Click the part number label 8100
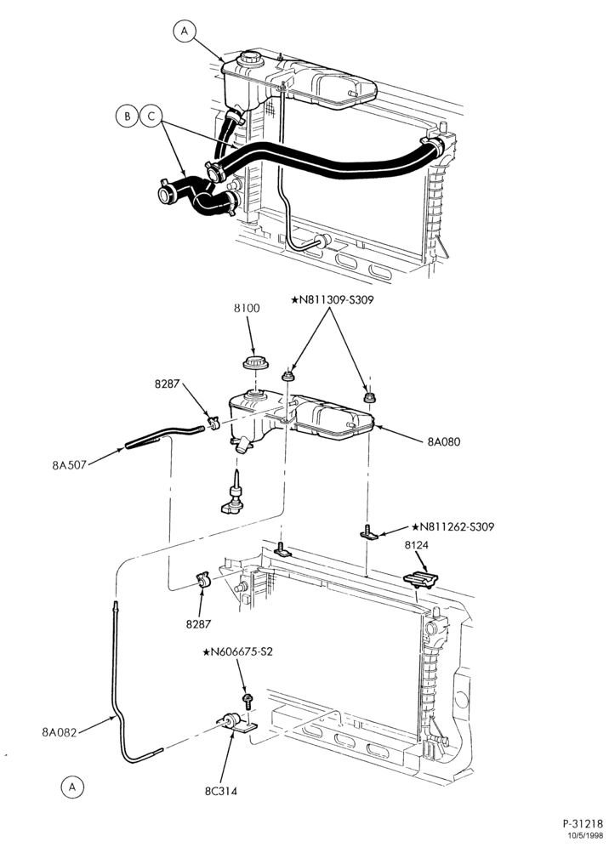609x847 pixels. (247, 309)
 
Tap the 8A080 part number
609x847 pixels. (444, 441)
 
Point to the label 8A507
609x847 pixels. (69, 464)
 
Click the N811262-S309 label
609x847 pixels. (452, 526)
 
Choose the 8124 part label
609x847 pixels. (416, 546)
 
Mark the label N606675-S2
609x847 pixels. (238, 652)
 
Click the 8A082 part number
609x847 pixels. (60, 732)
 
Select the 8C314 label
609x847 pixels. (220, 792)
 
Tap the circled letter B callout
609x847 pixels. (127, 117)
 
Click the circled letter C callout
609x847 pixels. (151, 117)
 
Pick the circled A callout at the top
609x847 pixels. (185, 31)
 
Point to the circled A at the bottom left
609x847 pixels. (72, 787)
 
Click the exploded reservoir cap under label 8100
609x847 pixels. (256, 362)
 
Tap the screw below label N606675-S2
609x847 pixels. (248, 701)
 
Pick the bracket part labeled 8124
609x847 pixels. (420, 580)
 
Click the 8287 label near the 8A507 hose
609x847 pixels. (166, 384)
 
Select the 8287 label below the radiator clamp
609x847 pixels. (198, 624)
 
